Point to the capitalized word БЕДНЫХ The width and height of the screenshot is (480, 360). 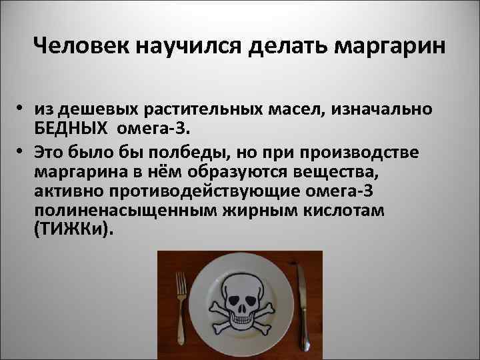click(72, 126)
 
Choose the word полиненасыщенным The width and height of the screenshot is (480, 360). click(103, 211)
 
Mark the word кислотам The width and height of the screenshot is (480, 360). click(345, 211)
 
